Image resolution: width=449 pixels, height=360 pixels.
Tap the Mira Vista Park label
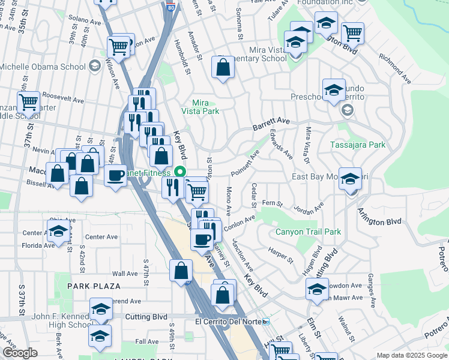(x=204, y=107)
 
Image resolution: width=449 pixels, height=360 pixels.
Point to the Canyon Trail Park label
(x=308, y=232)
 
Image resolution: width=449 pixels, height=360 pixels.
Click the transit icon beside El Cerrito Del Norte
(x=266, y=322)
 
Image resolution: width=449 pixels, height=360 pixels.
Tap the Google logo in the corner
(x=19, y=353)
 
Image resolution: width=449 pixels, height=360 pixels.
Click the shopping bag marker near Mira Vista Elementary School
(x=223, y=68)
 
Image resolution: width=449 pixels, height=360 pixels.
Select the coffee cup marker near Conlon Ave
(x=202, y=239)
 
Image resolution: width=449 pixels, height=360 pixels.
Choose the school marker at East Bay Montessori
(x=350, y=179)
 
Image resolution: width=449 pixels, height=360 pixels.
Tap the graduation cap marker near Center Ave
(x=58, y=230)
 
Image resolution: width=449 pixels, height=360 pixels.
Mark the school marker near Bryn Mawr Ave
(x=317, y=290)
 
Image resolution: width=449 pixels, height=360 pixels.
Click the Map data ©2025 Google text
(x=412, y=355)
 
